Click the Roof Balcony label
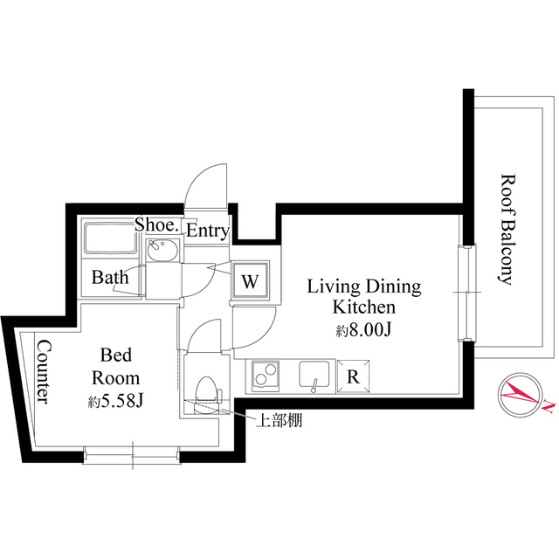coord(506,229)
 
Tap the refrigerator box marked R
coord(352,376)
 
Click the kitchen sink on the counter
coord(313,376)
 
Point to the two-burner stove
coord(265,376)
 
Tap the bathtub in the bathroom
coord(107,238)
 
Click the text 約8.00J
coord(362,331)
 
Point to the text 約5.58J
coord(116,403)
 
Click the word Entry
coord(208,231)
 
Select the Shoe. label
coord(157,225)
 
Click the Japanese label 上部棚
coord(277,421)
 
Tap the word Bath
coord(111,278)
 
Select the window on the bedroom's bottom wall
coord(131,452)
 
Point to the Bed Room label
coord(115,367)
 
